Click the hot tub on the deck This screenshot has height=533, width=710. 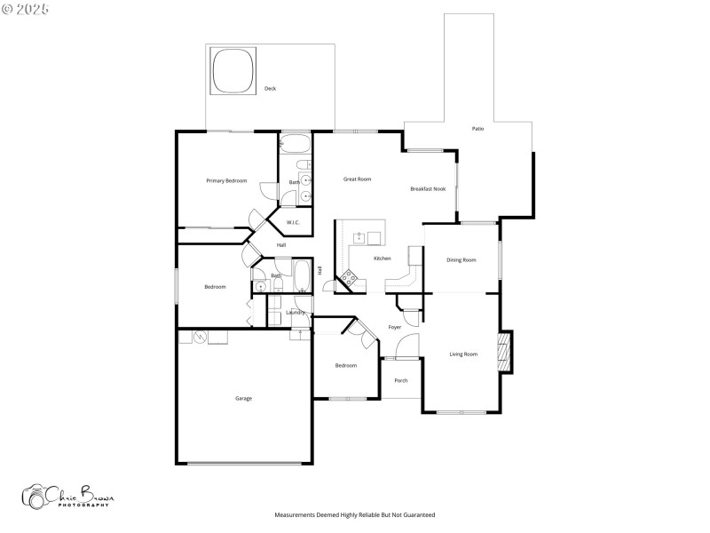coord(233,70)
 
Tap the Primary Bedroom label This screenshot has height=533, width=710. coord(226,181)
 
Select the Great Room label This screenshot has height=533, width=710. coord(357,179)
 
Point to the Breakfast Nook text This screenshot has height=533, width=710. coord(429,189)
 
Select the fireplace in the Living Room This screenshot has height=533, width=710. coord(504,351)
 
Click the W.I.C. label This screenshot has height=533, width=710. coord(293,222)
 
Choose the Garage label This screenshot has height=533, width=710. coord(243,398)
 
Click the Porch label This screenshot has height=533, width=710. coord(401,380)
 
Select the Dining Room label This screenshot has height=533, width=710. coord(461,260)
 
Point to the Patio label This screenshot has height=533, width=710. coord(477,130)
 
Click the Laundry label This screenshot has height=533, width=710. coord(296,313)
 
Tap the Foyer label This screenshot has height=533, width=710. coord(395,328)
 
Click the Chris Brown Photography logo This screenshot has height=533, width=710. coord(68,497)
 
